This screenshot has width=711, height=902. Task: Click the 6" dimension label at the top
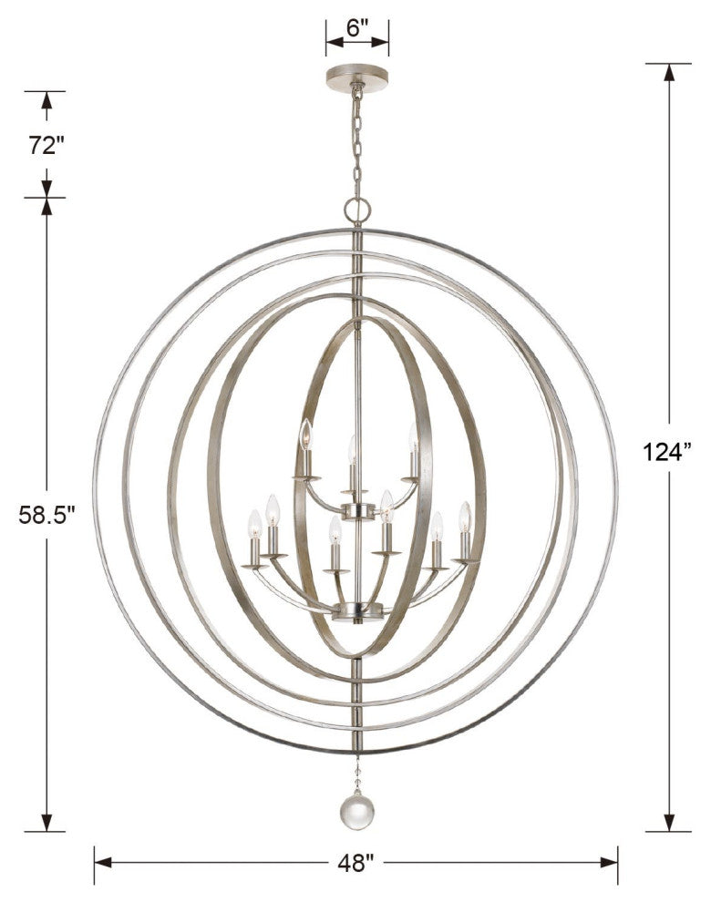pyautogui.click(x=356, y=28)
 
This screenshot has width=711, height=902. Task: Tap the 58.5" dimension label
pyautogui.click(x=46, y=515)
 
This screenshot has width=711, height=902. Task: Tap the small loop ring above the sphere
pyautogui.click(x=357, y=211)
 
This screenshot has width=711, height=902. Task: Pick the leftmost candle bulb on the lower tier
pyautogui.click(x=254, y=523)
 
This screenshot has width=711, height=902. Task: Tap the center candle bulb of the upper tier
pyautogui.click(x=353, y=448)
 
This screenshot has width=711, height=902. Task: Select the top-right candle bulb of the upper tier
pyautogui.click(x=413, y=436)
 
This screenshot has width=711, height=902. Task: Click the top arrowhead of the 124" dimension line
pyautogui.click(x=669, y=72)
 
